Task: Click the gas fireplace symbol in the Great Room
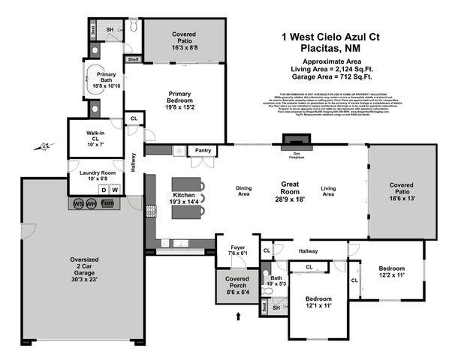click(x=294, y=139)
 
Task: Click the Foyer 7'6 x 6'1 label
click(x=237, y=250)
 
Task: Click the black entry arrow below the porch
click(x=240, y=317)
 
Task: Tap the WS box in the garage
click(x=78, y=203)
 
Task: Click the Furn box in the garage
click(x=107, y=203)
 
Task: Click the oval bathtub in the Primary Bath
click(x=95, y=76)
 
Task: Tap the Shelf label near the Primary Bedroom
click(x=133, y=58)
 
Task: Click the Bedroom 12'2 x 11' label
click(x=390, y=272)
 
